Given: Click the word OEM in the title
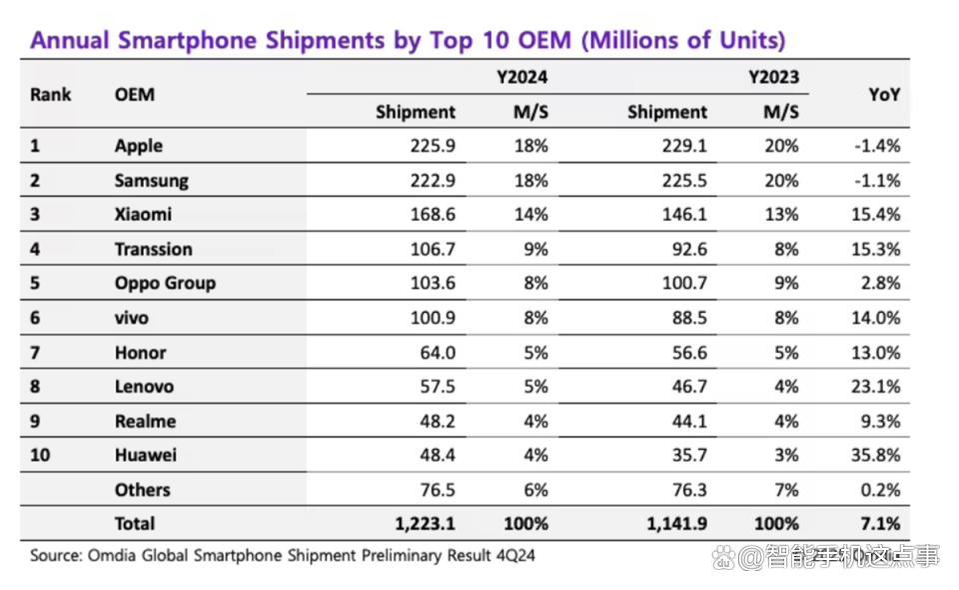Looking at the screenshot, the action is tap(544, 40).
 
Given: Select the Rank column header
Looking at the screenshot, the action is tap(51, 95).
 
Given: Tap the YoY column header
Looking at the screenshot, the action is tap(884, 95).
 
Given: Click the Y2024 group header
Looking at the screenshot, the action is tap(521, 77).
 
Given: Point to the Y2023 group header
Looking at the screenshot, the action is tap(773, 77).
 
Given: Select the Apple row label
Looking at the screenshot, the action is tap(139, 146).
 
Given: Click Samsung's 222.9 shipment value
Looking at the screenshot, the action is tap(433, 181).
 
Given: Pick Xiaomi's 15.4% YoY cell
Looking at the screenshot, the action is tap(876, 215).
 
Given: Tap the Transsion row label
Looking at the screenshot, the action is tap(154, 249).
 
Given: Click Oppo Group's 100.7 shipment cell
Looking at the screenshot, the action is tap(684, 283).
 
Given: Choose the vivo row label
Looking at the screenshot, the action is tap(132, 318).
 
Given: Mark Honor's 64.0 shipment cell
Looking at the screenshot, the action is tap(438, 353).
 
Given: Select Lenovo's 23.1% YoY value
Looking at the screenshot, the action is tap(876, 387).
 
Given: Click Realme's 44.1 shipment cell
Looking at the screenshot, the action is tap(689, 422).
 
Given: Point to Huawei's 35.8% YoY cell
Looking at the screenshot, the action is tap(876, 455).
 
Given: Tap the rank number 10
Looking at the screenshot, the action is tap(40, 455).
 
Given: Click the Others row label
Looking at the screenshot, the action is tap(143, 490).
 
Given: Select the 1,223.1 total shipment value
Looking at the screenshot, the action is tap(426, 524).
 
